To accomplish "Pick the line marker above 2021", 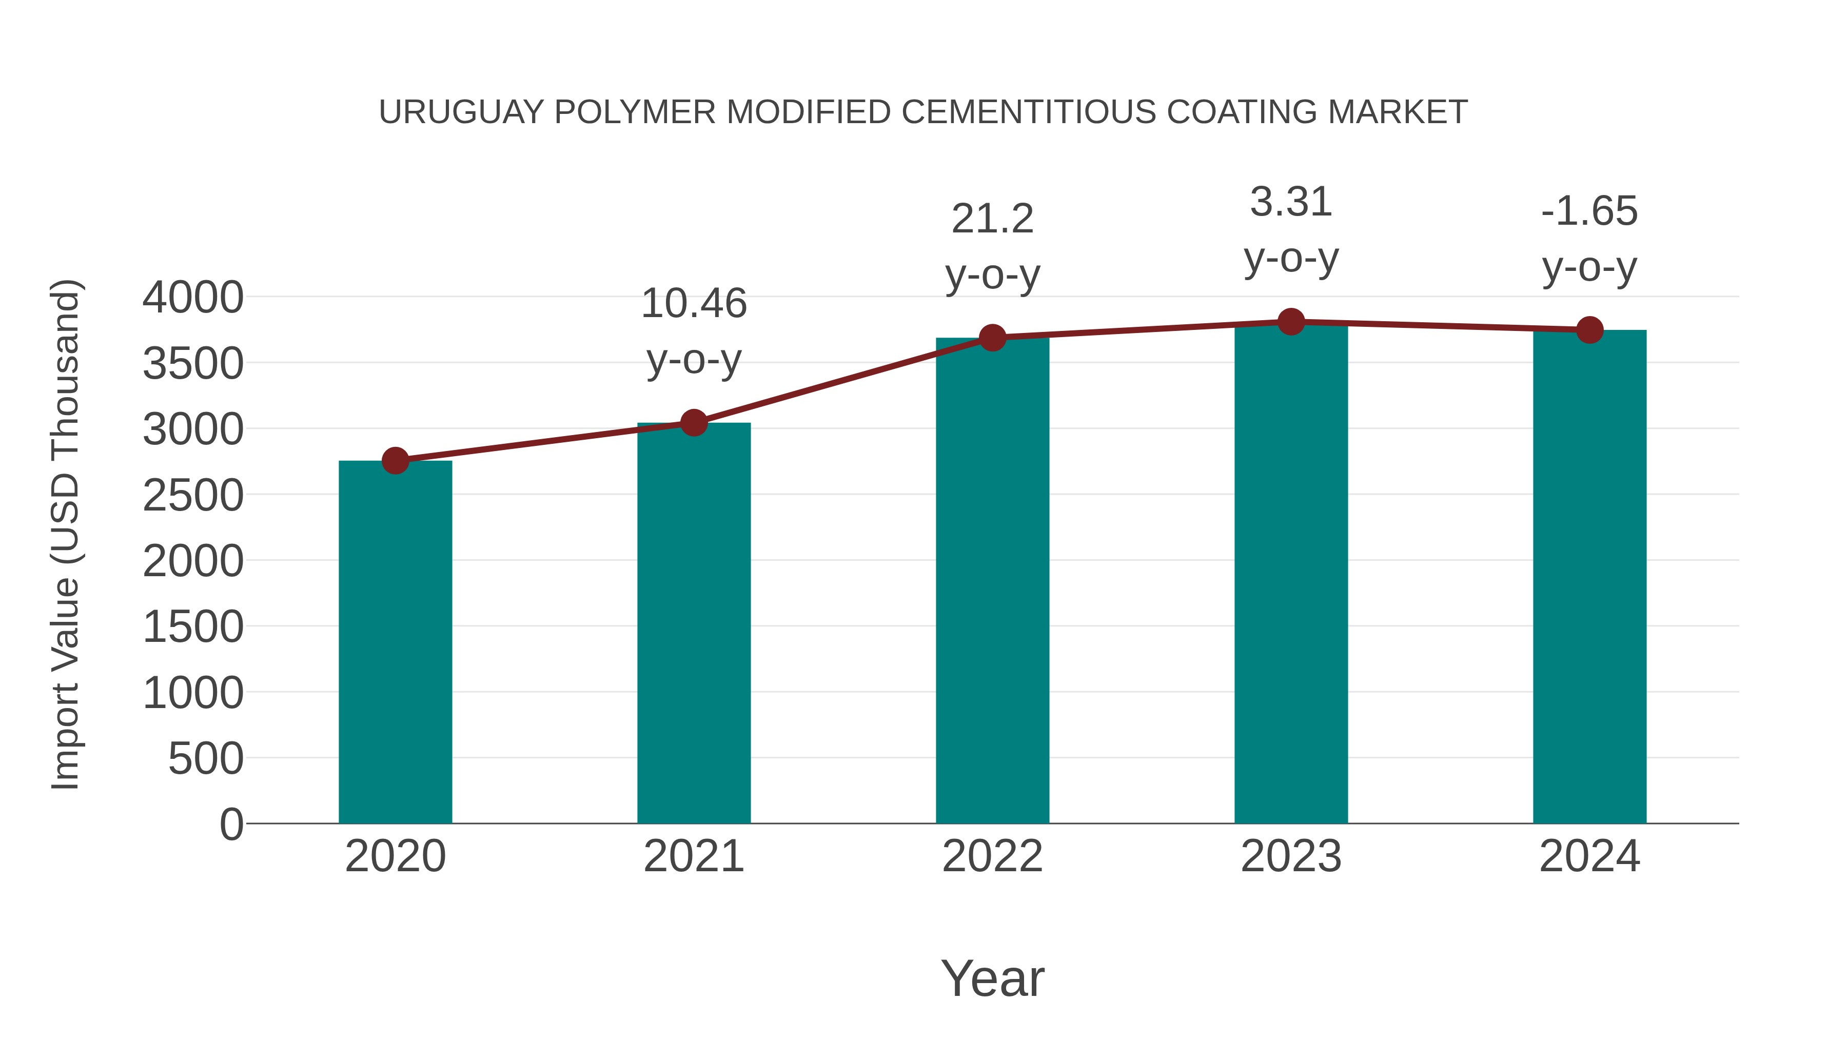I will pyautogui.click(x=693, y=423).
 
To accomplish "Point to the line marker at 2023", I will pyautogui.click(x=1291, y=322).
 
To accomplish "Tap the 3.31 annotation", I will pyautogui.click(x=1291, y=202).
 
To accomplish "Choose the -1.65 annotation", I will pyautogui.click(x=1589, y=211).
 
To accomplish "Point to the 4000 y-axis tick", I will pyautogui.click(x=193, y=298).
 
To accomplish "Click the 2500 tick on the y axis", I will pyautogui.click(x=193, y=496).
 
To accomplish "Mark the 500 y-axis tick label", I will pyautogui.click(x=206, y=759).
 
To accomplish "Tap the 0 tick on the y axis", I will pyautogui.click(x=231, y=825).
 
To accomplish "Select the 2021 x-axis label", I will pyautogui.click(x=693, y=856).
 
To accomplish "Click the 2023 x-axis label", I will pyautogui.click(x=1291, y=856).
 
